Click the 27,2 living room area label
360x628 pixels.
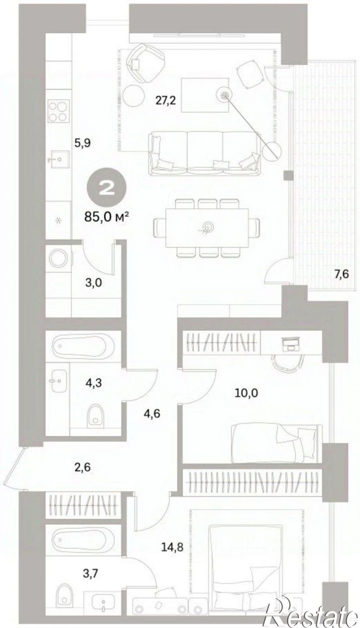(x=166, y=100)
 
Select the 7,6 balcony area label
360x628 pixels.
(x=341, y=274)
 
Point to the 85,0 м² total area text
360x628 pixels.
(x=106, y=216)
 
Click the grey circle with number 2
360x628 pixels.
(x=106, y=188)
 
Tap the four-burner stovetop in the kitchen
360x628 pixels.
(x=59, y=111)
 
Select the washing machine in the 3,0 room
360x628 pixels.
(x=59, y=259)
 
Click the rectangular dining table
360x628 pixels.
(x=207, y=228)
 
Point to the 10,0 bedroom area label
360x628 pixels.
(x=246, y=393)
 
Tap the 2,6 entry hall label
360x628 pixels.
(x=82, y=468)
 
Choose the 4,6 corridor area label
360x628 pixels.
(x=151, y=413)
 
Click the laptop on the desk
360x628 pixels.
(x=291, y=343)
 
